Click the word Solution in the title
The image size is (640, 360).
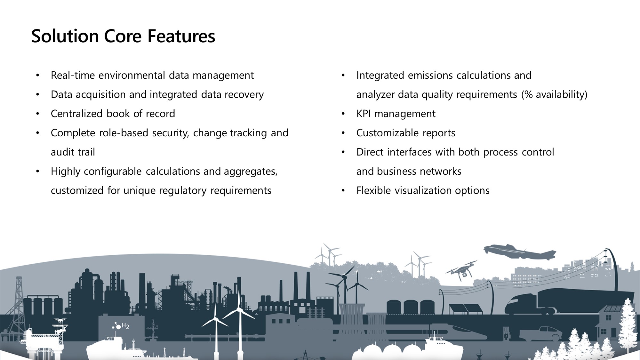tap(65, 36)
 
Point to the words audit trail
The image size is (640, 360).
tap(73, 152)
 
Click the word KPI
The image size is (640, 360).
tap(363, 114)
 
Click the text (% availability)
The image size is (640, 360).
tap(554, 94)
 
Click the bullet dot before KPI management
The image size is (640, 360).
tap(343, 114)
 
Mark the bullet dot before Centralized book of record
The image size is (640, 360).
tap(37, 114)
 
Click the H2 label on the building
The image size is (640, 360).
tap(125, 326)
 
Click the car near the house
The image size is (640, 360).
tap(541, 334)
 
